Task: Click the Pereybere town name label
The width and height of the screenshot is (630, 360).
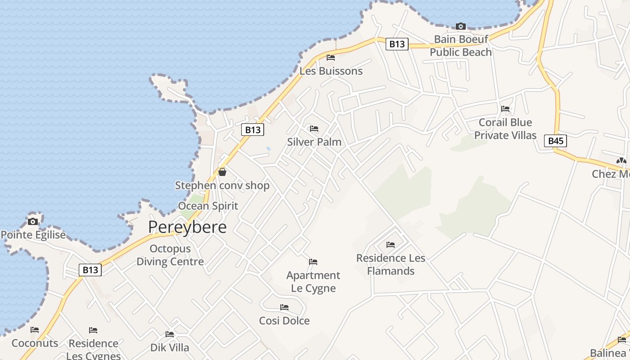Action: (x=187, y=227)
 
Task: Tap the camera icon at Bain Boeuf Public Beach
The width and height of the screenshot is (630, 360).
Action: (x=460, y=26)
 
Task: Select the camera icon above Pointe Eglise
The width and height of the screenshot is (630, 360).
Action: (x=33, y=221)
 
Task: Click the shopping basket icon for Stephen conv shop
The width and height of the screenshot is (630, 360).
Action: (x=222, y=172)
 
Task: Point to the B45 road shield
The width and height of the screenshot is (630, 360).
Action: (x=556, y=141)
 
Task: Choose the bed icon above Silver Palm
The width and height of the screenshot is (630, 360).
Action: (x=314, y=129)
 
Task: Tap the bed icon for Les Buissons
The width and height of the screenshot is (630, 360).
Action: (x=331, y=58)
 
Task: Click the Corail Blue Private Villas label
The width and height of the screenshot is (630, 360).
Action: (x=505, y=129)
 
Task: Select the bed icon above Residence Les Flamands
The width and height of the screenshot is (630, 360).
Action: (x=391, y=245)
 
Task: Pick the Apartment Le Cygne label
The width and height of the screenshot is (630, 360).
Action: (x=313, y=282)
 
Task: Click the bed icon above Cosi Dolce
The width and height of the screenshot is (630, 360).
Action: (x=284, y=307)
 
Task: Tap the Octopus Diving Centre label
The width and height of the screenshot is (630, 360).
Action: (x=170, y=255)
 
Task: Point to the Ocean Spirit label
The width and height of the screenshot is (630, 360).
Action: (x=208, y=206)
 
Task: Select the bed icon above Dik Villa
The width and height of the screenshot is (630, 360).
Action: (x=170, y=334)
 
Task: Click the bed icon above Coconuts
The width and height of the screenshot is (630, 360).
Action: (x=35, y=330)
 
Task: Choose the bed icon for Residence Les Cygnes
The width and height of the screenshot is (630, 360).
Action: (x=93, y=330)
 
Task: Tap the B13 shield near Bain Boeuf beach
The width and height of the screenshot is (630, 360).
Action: (x=397, y=44)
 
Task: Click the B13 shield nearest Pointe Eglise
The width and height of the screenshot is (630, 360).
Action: (x=90, y=270)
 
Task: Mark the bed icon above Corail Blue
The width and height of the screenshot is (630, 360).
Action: (x=505, y=108)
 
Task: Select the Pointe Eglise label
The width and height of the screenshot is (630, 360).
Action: (x=33, y=235)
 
